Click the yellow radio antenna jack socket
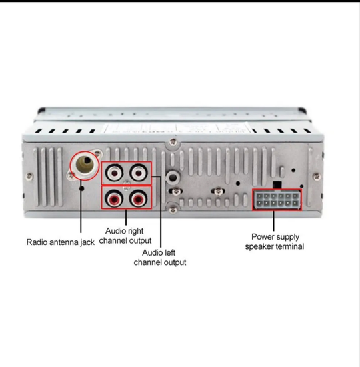click(85, 165)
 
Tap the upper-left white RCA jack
click(114, 173)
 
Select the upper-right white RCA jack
click(139, 173)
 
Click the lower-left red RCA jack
click(114, 199)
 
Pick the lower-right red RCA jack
click(139, 199)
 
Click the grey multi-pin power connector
click(277, 200)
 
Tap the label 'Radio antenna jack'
click(61, 242)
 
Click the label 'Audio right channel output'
click(125, 236)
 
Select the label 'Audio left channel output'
click(160, 258)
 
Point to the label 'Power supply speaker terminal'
click(275, 242)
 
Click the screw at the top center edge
click(173, 142)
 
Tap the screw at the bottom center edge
click(173, 210)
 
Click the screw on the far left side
click(29, 176)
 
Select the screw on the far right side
click(317, 176)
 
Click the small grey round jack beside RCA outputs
click(173, 177)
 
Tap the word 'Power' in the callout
click(261, 237)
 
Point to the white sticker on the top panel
click(177, 128)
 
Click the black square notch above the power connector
click(277, 185)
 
